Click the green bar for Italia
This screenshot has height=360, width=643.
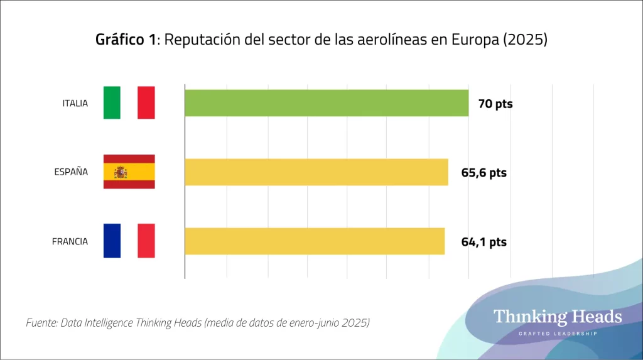pyautogui.click(x=327, y=103)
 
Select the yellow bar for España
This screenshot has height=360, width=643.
pyautogui.click(x=316, y=172)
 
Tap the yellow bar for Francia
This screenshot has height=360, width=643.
pyautogui.click(x=315, y=241)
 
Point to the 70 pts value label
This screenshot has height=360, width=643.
pyautogui.click(x=495, y=104)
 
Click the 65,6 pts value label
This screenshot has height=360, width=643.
pyautogui.click(x=484, y=173)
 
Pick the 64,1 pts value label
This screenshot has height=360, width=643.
pyautogui.click(x=484, y=242)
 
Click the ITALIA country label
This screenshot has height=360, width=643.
pyautogui.click(x=75, y=103)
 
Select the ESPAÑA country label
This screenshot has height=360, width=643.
pyautogui.click(x=71, y=172)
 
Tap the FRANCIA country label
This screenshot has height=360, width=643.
pyautogui.click(x=70, y=241)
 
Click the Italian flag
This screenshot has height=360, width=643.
pyautogui.click(x=129, y=103)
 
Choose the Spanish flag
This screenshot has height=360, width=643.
pyautogui.click(x=129, y=172)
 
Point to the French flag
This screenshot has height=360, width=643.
pyautogui.click(x=129, y=241)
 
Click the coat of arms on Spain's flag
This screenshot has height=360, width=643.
pyautogui.click(x=121, y=172)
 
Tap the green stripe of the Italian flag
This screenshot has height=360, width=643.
pyautogui.click(x=112, y=103)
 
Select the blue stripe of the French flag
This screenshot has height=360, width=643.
pyautogui.click(x=112, y=241)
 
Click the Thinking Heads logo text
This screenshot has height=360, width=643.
pyautogui.click(x=558, y=316)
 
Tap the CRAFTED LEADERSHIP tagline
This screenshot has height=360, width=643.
pyautogui.click(x=558, y=333)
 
